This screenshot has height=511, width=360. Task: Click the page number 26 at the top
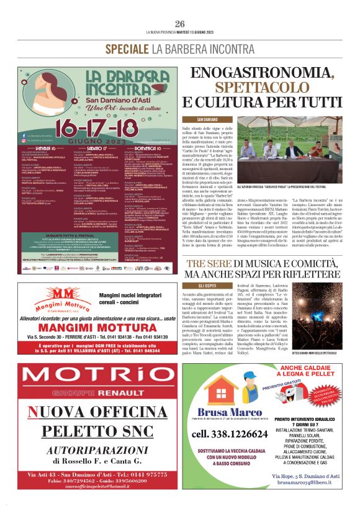coord(180,24)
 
